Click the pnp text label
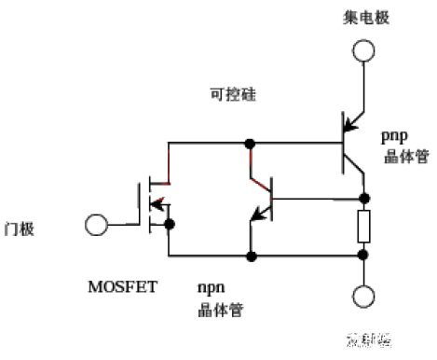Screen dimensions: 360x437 (x=395, y=136)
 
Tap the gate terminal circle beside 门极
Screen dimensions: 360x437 (x=94, y=225)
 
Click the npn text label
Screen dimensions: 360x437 (x=209, y=286)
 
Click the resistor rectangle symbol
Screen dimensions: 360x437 (x=364, y=227)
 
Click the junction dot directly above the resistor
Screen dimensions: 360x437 (x=364, y=198)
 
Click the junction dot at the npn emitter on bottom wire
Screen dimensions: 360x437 (x=250, y=255)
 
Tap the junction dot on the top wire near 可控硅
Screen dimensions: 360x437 (x=250, y=144)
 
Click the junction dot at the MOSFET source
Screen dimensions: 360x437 (x=168, y=224)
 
